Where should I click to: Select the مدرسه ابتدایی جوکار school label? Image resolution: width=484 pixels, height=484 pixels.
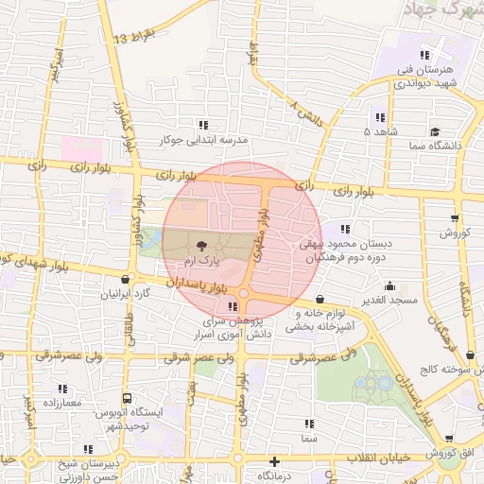click(x=202, y=140)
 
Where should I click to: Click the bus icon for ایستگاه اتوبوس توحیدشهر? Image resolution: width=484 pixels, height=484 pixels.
click(x=127, y=399)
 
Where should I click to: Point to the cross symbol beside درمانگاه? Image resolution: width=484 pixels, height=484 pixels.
click(x=274, y=462)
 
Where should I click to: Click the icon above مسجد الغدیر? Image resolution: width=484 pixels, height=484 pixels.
click(x=389, y=285)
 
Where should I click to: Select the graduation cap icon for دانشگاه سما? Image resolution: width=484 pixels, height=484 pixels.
click(x=434, y=132)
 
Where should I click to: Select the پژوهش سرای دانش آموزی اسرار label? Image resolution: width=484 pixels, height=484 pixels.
click(x=235, y=327)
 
